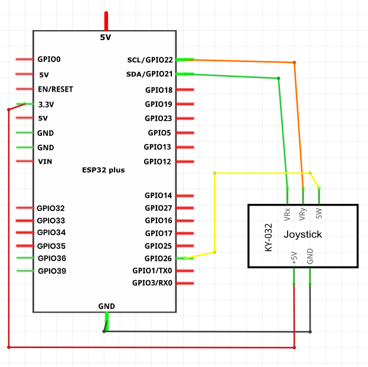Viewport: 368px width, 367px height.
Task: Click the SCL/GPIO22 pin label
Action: pyautogui.click(x=150, y=60)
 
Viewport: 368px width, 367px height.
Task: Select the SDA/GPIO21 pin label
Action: pyautogui.click(x=149, y=74)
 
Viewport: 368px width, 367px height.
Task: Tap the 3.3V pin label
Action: pyautogui.click(x=46, y=105)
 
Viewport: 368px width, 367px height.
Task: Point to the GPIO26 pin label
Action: pyautogui.click(x=158, y=258)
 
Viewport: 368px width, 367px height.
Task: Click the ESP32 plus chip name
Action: pyautogui.click(x=103, y=170)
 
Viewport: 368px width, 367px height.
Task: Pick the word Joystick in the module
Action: pyautogui.click(x=303, y=235)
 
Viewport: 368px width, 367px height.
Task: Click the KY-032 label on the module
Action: pyautogui.click(x=269, y=238)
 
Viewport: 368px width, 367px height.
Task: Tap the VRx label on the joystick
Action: pyautogui.click(x=287, y=215)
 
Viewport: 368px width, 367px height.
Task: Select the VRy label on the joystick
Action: pyautogui.click(x=303, y=214)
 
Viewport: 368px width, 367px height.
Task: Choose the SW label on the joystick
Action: pyautogui.click(x=319, y=213)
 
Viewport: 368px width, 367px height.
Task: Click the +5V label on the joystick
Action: pyautogui.click(x=294, y=258)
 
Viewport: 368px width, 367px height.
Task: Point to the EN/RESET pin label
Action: pyautogui.click(x=56, y=89)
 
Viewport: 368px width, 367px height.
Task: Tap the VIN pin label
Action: pyautogui.click(x=45, y=161)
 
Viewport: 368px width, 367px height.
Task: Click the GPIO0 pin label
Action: pyautogui.click(x=49, y=59)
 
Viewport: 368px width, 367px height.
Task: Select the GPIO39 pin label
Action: pyautogui.click(x=52, y=271)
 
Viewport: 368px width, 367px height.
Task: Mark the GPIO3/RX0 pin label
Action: pyautogui.click(x=152, y=283)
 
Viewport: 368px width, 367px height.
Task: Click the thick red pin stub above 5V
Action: pyautogui.click(x=106, y=21)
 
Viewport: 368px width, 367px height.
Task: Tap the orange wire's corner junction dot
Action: pyautogui.click(x=294, y=63)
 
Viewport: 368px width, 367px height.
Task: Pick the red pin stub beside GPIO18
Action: pyautogui.click(x=185, y=89)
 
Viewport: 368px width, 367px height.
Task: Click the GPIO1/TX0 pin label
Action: pyautogui.click(x=152, y=271)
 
